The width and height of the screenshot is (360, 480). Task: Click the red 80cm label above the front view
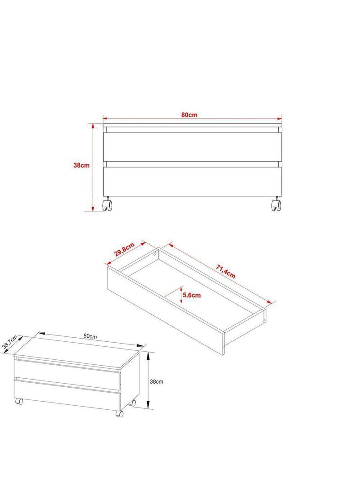pos(189,115)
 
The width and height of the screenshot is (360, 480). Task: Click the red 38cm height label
pos(81,165)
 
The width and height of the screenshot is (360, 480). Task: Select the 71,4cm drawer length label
pos(226,272)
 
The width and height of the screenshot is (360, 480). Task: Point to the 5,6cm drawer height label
pos(192,295)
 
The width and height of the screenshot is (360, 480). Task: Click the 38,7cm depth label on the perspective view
pos(9,342)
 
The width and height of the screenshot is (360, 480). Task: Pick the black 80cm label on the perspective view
pos(90,336)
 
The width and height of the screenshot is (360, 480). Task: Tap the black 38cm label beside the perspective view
pos(156,382)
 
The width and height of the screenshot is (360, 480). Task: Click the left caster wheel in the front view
pos(107,204)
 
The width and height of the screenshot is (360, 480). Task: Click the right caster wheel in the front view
pos(276,204)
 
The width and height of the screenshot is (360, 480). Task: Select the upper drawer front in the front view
pos(193,147)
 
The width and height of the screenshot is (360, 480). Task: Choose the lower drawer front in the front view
pos(193,181)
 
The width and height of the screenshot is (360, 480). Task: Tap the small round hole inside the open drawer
pos(155,254)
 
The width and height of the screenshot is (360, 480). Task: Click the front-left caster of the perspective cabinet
pos(19,401)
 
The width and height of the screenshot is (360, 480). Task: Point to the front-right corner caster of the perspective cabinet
pos(119,413)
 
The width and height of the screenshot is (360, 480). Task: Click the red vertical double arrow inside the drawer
pos(181,295)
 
